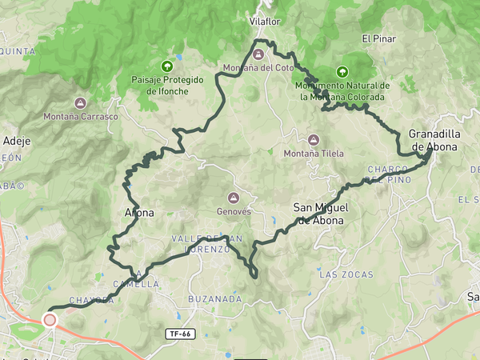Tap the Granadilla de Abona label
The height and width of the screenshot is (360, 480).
pos(433,140)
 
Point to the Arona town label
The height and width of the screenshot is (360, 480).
pos(139,213)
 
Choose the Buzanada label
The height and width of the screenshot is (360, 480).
pos(214,298)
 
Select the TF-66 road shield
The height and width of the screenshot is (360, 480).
pos(180,334)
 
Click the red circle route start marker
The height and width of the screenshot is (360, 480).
pos(50,320)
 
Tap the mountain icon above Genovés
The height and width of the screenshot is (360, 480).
pos(234,198)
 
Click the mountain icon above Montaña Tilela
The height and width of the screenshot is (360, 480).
pos(313,138)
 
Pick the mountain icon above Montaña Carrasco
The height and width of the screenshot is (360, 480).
pos(80,102)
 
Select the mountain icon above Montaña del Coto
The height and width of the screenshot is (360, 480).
pos(258,54)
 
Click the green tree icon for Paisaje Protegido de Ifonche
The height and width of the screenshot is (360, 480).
pos(167,66)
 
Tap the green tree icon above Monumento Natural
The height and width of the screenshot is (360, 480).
pos(342,71)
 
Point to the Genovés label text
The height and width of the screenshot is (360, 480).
pos(234,212)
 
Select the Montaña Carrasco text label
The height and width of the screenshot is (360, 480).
pos(81,117)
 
